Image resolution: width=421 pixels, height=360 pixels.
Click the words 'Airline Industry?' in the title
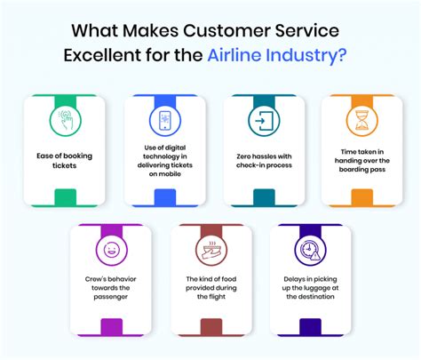(x=278, y=55)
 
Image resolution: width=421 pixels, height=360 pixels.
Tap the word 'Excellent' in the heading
(x=103, y=55)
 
